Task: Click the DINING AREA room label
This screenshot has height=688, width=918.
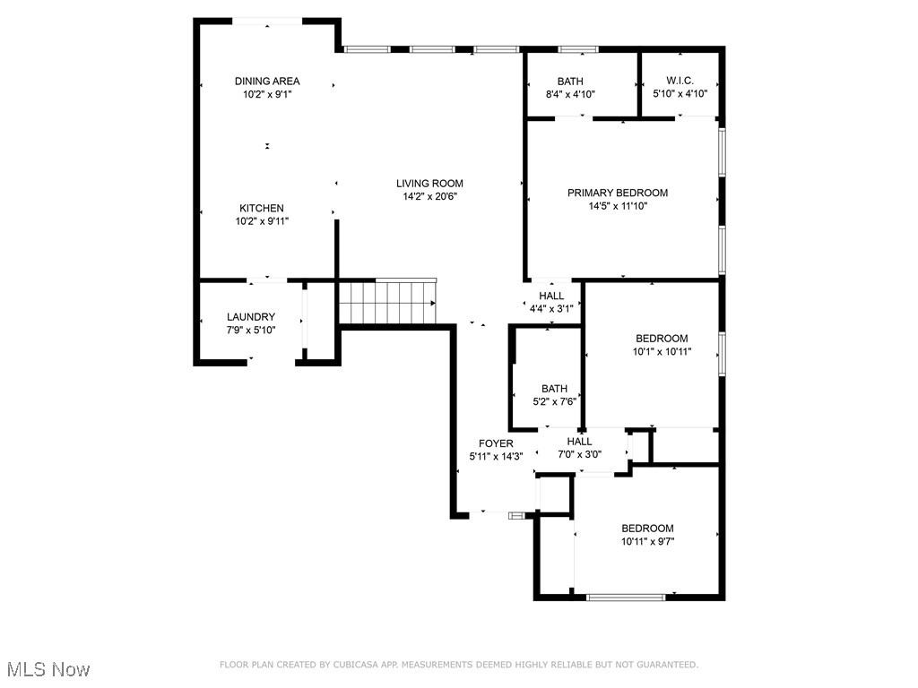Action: point(267,81)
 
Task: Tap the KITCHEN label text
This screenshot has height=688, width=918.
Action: point(261,208)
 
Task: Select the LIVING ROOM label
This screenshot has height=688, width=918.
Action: point(429,184)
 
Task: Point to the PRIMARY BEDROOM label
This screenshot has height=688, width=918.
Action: point(617,193)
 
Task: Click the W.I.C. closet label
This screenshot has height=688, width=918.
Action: point(680,81)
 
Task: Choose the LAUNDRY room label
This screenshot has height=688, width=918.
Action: point(251,317)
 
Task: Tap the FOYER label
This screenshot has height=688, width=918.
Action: point(496,443)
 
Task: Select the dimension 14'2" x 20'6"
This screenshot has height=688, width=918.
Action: point(429,197)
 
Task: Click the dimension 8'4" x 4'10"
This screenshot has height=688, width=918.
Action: point(570,94)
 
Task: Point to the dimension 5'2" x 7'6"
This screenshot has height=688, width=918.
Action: point(554,401)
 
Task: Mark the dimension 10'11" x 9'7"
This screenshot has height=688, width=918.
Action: point(647,541)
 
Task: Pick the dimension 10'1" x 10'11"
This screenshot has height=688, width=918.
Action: point(662,351)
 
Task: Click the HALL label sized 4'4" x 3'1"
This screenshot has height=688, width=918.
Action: point(551,296)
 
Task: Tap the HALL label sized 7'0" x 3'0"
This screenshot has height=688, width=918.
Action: point(579,441)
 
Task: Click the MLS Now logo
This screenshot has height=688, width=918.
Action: point(47,669)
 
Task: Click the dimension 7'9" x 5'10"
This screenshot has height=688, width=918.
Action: point(251,330)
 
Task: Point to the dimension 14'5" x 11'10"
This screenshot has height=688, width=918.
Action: point(617,206)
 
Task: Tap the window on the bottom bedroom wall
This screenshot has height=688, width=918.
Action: point(626,597)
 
